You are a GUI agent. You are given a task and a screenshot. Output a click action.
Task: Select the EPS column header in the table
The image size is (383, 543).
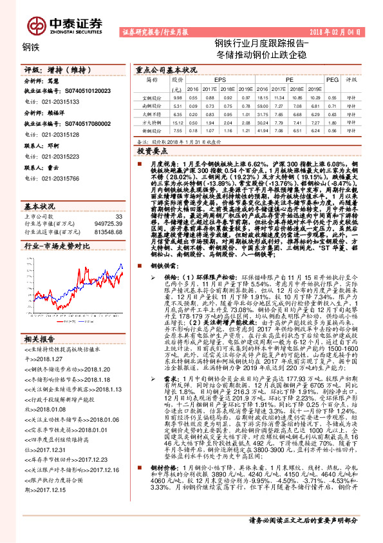[210, 80]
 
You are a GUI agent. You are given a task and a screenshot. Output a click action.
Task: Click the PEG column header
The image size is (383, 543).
[332, 80]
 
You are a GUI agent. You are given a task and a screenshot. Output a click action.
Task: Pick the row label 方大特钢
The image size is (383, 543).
[152, 122]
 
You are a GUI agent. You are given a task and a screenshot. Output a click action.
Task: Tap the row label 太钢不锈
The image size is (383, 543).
[152, 114]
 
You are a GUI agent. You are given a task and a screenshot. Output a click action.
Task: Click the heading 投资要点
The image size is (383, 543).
[151, 150]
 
